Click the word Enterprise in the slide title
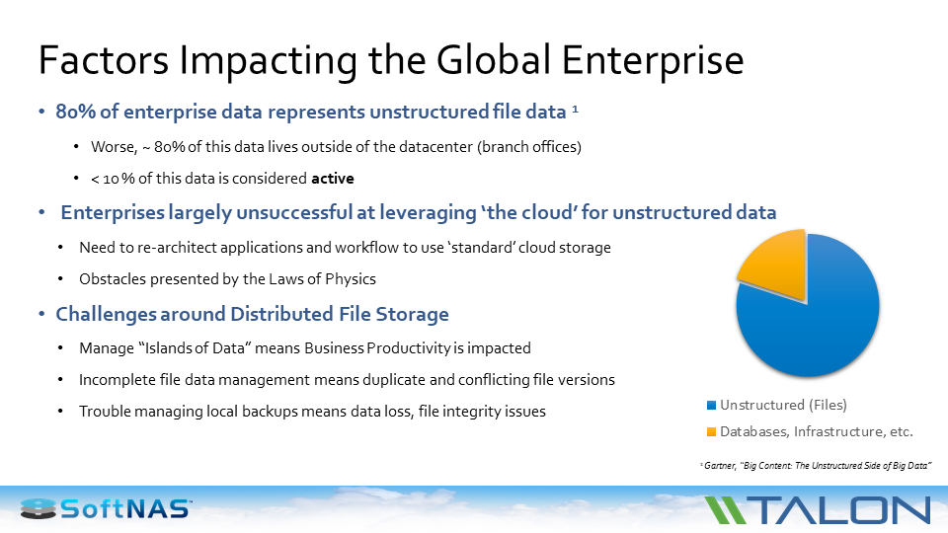click(653, 60)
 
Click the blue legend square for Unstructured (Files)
click(711, 405)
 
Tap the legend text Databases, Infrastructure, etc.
click(816, 431)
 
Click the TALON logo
click(818, 509)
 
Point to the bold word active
click(332, 179)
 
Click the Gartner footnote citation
click(817, 464)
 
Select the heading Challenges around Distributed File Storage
click(252, 314)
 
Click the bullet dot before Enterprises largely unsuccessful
click(41, 212)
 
